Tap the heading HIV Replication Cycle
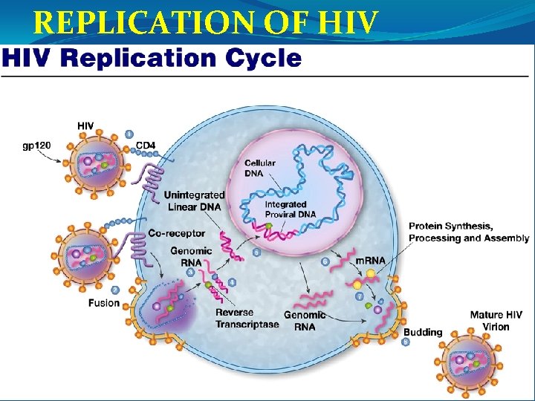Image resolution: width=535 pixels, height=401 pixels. [x=152, y=59]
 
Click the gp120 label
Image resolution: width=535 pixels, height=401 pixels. [x=36, y=146]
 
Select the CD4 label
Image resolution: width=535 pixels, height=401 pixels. [x=146, y=148]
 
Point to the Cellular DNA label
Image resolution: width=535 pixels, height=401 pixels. [x=260, y=168]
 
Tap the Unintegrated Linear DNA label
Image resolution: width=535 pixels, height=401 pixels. [x=194, y=200]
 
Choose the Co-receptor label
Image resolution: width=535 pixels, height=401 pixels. [x=177, y=232]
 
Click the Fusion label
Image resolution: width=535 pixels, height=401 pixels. [x=103, y=302]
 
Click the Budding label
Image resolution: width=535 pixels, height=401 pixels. [x=423, y=332]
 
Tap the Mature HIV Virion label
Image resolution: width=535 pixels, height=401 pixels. [x=496, y=321]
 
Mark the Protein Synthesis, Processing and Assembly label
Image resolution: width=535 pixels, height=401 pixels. [x=469, y=232]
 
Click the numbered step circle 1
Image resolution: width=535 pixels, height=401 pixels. [x=129, y=134]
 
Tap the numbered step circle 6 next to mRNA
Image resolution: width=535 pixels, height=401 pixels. [x=325, y=261]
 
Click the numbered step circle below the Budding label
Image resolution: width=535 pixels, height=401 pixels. [x=405, y=342]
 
